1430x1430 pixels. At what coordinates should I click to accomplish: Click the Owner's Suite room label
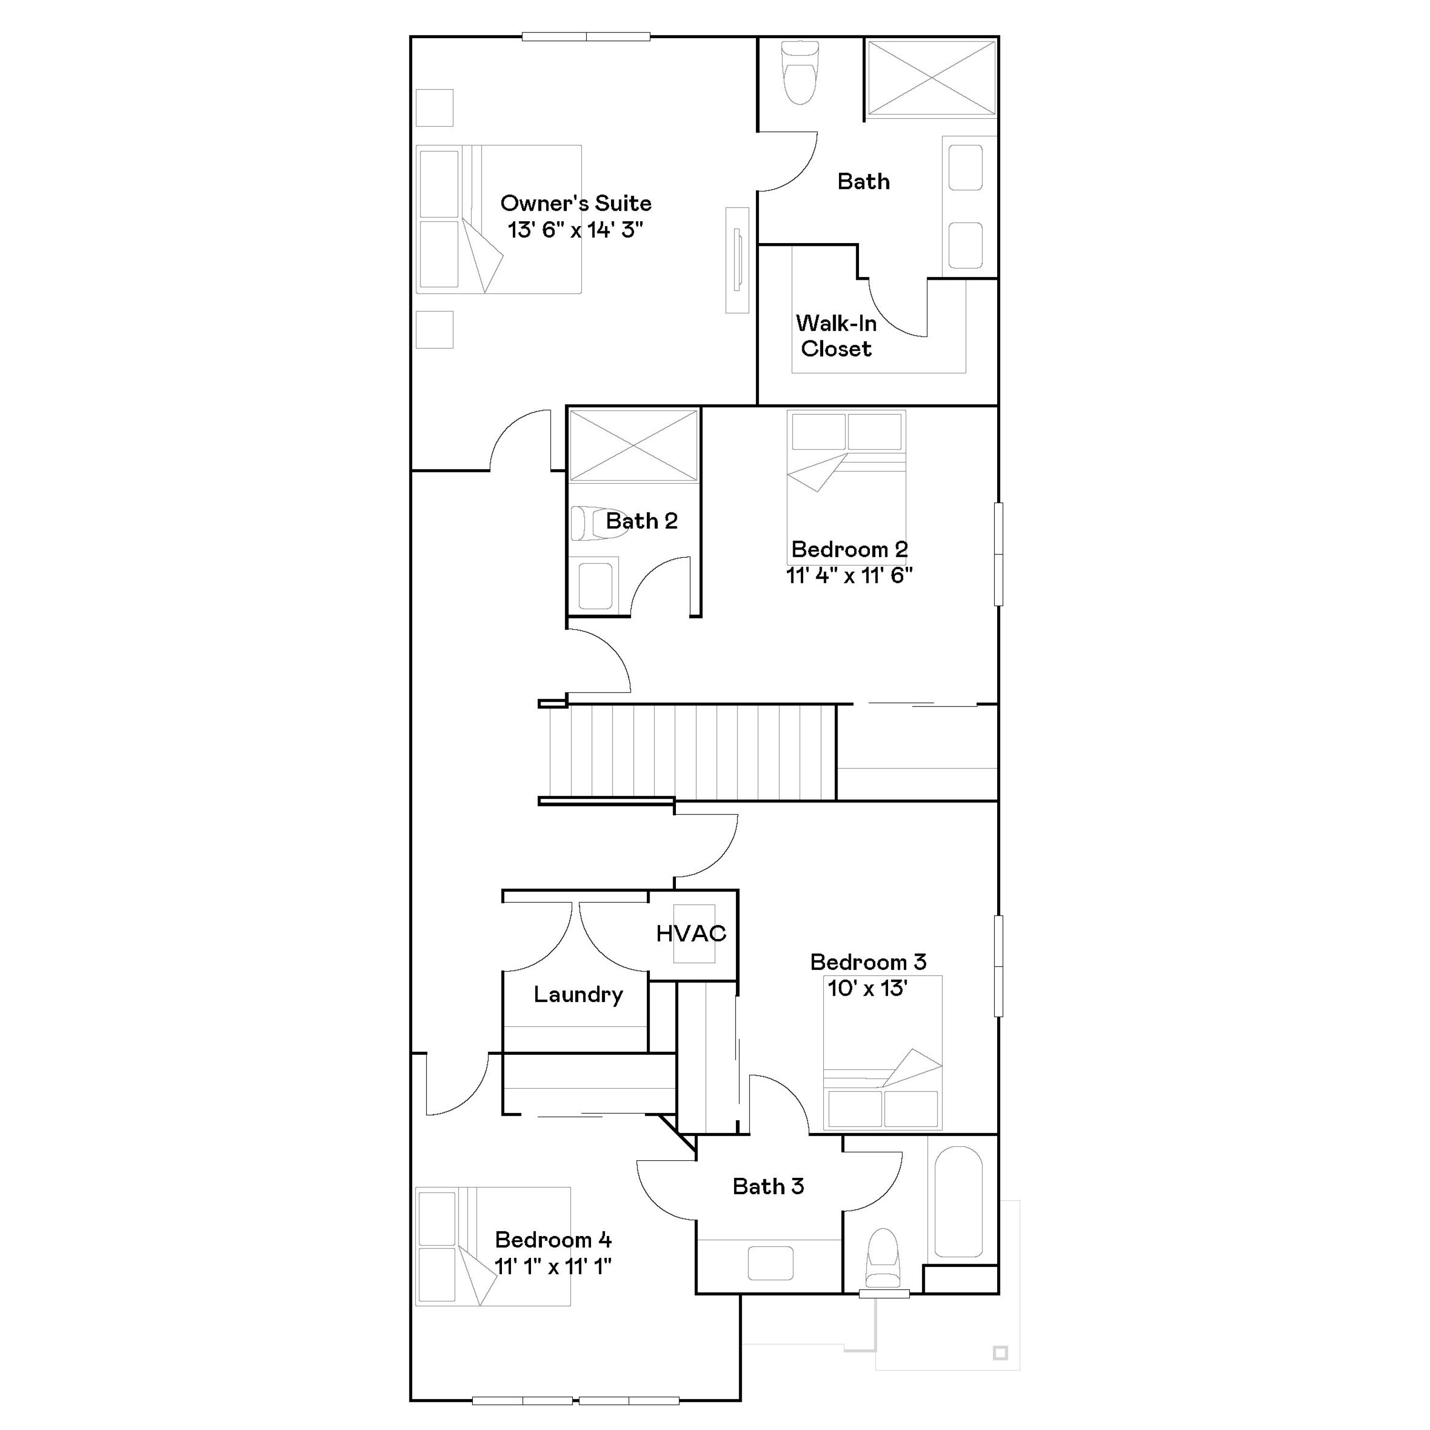coord(576,203)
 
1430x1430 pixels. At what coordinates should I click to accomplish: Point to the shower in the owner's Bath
coord(931,78)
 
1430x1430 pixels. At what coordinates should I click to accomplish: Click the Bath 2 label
coord(642,521)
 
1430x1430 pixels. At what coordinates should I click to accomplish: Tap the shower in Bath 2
coord(633,446)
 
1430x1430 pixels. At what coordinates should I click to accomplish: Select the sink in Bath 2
coord(595,585)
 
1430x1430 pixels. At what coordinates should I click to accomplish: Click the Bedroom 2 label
coord(849,549)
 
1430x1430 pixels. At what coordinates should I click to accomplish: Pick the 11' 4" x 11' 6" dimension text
coord(849,575)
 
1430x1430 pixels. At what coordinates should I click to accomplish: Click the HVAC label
coord(691,933)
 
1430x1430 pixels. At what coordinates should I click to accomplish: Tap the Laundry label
coord(578,994)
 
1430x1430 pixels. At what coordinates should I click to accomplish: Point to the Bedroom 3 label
coord(868,961)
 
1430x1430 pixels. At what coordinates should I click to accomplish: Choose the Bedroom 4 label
coord(553,1239)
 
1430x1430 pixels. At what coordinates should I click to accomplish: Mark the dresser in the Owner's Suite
coord(737,260)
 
